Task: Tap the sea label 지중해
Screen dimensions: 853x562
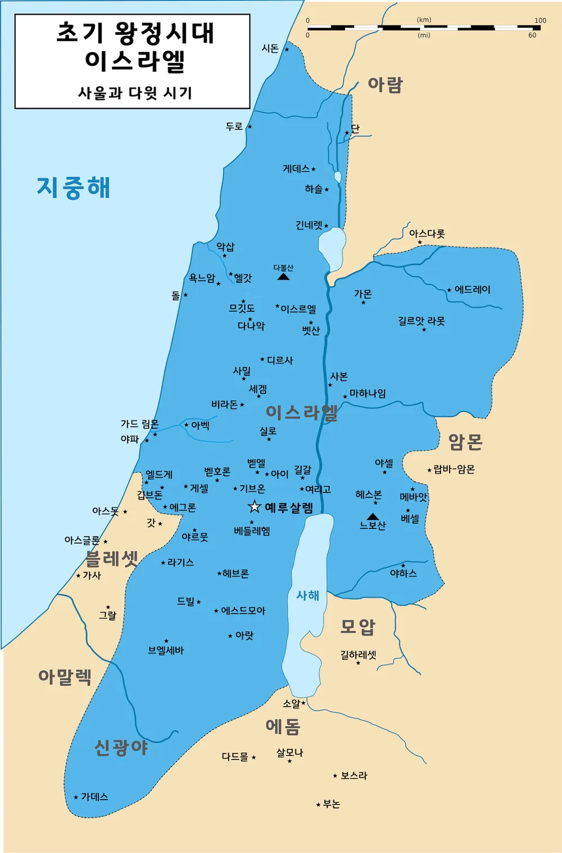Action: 74,188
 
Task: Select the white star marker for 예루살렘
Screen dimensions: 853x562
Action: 255,507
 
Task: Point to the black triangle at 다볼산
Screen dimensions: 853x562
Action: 283,276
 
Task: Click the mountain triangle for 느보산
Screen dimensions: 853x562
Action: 373,517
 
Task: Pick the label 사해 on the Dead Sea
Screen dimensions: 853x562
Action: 307,595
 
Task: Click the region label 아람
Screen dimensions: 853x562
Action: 386,84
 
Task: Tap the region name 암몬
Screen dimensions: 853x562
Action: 465,442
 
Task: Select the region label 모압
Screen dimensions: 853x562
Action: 358,627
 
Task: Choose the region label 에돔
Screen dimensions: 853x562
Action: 283,726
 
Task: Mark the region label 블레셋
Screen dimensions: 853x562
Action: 112,559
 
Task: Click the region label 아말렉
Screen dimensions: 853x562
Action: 65,676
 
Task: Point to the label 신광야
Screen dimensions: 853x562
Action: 121,747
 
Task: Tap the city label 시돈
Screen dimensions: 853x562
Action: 270,48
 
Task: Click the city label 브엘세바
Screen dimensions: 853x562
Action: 166,650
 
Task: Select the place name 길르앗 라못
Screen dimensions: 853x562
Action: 422,321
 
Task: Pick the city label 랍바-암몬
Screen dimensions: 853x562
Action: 454,469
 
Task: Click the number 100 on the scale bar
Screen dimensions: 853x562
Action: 540,20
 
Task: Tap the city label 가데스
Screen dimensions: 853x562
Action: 94,797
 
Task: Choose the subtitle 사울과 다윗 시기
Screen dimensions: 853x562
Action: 135,93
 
